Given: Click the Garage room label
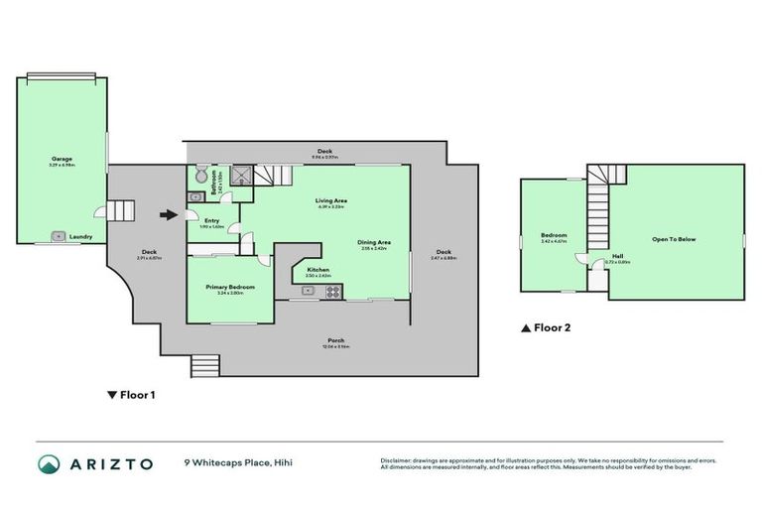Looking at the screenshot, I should point(62,159).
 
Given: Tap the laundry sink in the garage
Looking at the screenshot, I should point(59,236).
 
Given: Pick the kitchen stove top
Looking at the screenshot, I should point(334,291).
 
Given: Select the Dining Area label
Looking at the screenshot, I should point(374,242).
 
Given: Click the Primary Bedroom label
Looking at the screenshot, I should point(230,287).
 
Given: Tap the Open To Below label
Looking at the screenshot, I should point(673,239).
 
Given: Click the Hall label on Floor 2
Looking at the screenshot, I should point(617,256).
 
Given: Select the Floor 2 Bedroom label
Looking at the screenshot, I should point(554,236).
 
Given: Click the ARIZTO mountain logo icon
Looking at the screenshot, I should point(49,463).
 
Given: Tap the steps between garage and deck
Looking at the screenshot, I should point(120,210).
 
